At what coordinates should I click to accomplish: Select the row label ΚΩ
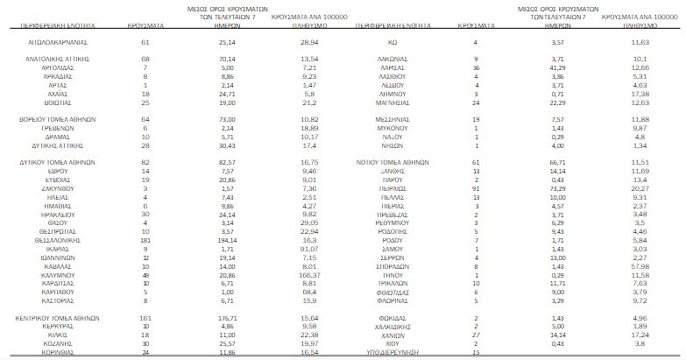(394, 41)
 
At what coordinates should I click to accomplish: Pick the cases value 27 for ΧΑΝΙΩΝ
(475, 334)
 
